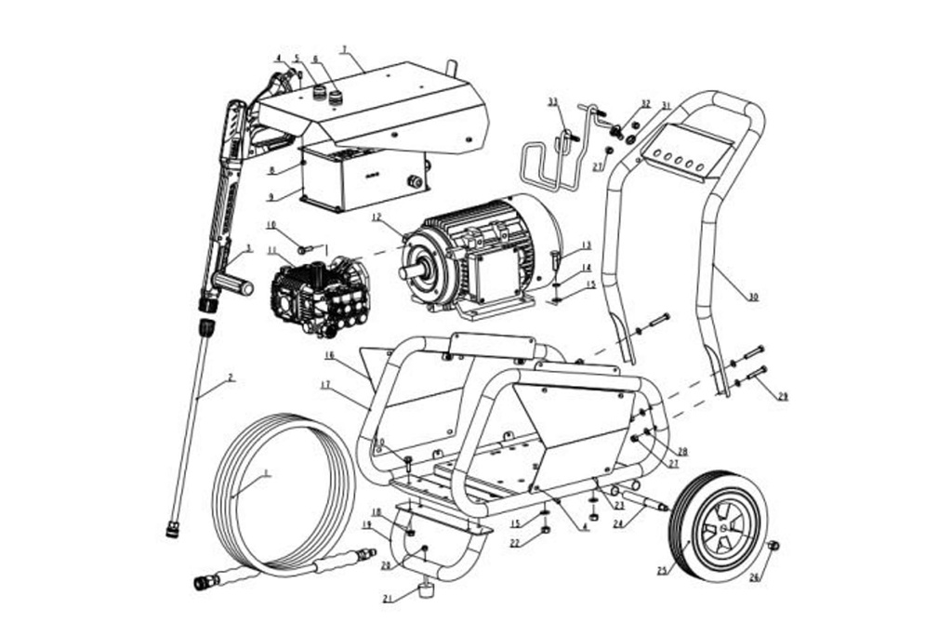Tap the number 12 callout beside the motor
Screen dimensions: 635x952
[x=376, y=218]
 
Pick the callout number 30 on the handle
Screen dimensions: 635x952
[x=752, y=297]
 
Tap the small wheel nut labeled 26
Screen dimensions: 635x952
[x=773, y=546]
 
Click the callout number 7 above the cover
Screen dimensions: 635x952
[x=343, y=49]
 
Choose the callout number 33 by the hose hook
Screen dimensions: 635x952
[x=552, y=101]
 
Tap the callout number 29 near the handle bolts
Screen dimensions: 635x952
[x=783, y=397]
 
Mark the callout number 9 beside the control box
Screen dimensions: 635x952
[x=271, y=197]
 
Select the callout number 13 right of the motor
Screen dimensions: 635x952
[x=587, y=245]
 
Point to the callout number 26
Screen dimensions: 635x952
[x=754, y=576]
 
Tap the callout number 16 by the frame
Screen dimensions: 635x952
[x=329, y=355]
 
